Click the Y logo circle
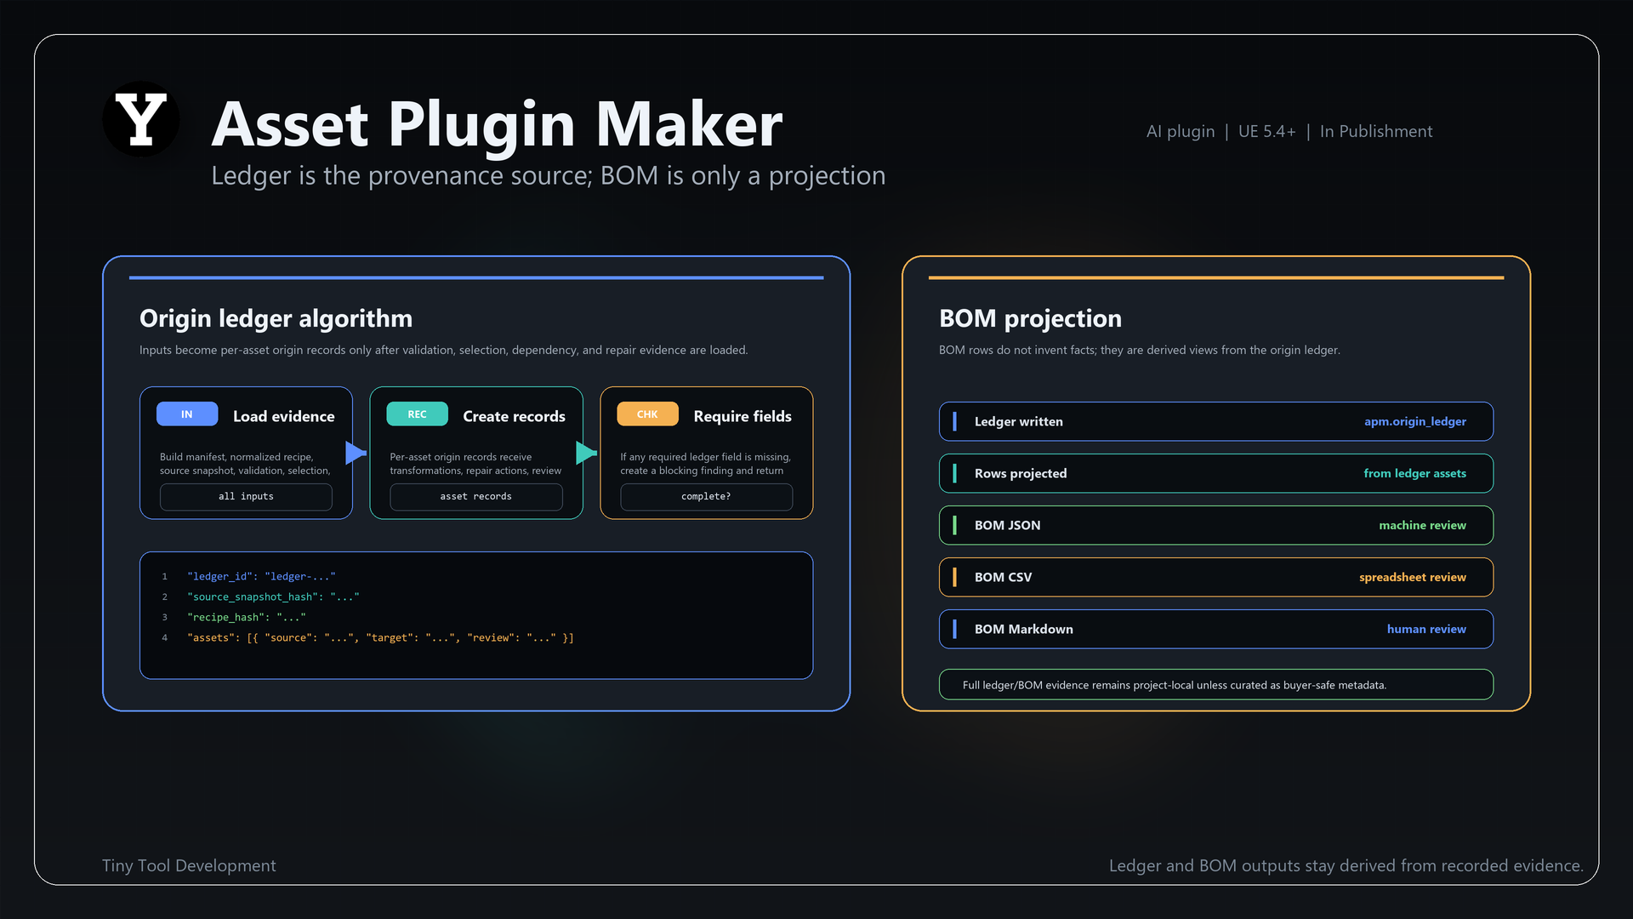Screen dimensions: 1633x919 [141, 119]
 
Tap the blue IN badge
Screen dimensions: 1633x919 [187, 414]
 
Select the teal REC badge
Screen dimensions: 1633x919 [417, 414]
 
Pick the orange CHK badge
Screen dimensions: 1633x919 [647, 414]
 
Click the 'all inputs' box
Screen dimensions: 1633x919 [246, 497]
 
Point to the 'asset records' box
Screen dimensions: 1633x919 [476, 497]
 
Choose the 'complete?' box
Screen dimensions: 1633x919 [706, 497]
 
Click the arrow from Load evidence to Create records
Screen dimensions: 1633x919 [356, 453]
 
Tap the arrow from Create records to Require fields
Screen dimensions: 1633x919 [587, 453]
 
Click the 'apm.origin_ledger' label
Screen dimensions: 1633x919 [1415, 421]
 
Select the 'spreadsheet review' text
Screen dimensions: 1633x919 [1413, 577]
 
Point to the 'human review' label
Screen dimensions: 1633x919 [1426, 629]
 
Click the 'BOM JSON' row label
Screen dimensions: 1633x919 [1007, 525]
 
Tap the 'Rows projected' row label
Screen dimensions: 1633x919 [1021, 473]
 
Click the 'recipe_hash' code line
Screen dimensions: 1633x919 [247, 617]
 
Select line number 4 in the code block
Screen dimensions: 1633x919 [165, 637]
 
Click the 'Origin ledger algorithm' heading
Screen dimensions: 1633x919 [276, 318]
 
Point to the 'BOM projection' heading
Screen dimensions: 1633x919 [1030, 318]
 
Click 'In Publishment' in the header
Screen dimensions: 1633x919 [1376, 131]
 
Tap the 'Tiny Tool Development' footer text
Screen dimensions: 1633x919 [189, 865]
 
